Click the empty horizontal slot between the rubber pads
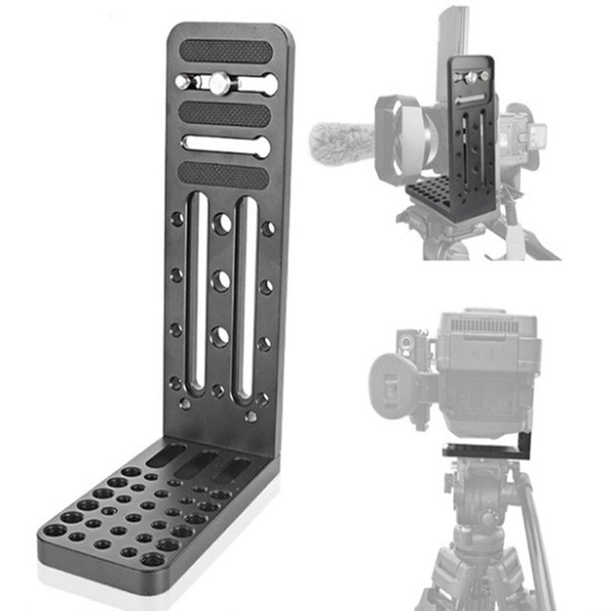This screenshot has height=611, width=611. [226, 146]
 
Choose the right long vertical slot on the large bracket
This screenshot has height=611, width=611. [244, 294]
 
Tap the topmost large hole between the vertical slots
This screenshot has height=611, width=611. [222, 225]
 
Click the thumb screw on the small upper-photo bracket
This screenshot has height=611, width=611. [472, 74]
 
